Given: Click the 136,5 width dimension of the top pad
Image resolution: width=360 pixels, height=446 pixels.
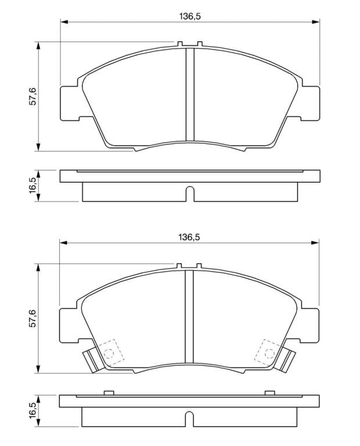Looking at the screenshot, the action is (190, 16).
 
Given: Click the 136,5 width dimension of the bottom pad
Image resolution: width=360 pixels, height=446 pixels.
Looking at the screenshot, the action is (189, 237).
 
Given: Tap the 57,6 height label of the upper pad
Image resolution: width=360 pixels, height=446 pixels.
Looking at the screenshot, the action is (33, 96).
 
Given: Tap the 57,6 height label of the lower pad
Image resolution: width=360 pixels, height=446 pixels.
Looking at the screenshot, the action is (33, 318).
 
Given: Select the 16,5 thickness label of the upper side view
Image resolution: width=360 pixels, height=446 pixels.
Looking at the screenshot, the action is (33, 185).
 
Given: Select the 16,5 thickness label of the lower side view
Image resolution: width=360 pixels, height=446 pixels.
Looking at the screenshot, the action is (33, 410).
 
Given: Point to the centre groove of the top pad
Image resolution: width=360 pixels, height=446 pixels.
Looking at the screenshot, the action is (190, 95).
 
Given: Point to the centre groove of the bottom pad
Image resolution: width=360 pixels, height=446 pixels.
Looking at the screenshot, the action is (189, 316).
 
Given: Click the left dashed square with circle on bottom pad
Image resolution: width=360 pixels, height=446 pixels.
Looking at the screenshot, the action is (111, 353).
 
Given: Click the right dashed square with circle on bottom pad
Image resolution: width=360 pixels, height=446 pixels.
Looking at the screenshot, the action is (267, 353).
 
